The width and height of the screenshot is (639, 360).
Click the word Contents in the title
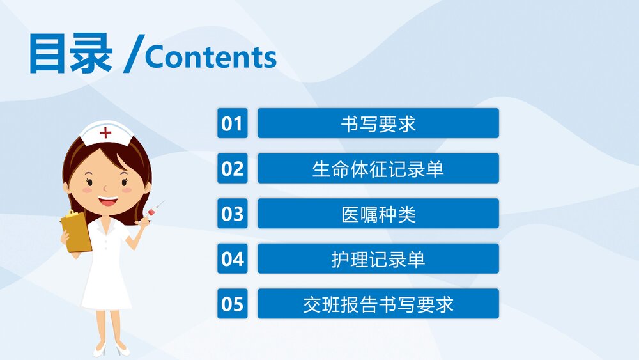click(x=210, y=58)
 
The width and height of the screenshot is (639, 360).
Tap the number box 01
click(x=232, y=123)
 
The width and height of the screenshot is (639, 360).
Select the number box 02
click(x=232, y=168)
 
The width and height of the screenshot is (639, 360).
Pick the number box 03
click(x=232, y=214)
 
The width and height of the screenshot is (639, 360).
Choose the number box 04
click(x=232, y=258)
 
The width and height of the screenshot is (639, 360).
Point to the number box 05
click(x=232, y=304)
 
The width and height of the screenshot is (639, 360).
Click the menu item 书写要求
click(x=378, y=123)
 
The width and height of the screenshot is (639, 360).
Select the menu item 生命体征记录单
click(x=378, y=168)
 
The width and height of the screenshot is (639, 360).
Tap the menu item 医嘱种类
click(x=378, y=214)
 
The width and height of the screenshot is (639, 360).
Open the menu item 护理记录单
click(x=378, y=258)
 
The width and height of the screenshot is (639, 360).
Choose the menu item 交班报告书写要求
click(x=378, y=304)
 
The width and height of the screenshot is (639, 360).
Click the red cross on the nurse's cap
click(x=105, y=133)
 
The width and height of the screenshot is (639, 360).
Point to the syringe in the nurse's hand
click(x=154, y=209)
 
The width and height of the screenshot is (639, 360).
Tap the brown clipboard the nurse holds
click(x=77, y=231)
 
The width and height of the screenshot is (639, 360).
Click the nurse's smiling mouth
click(x=107, y=201)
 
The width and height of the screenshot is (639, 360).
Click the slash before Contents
click(x=133, y=56)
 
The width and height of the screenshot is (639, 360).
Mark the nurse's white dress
click(x=107, y=269)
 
